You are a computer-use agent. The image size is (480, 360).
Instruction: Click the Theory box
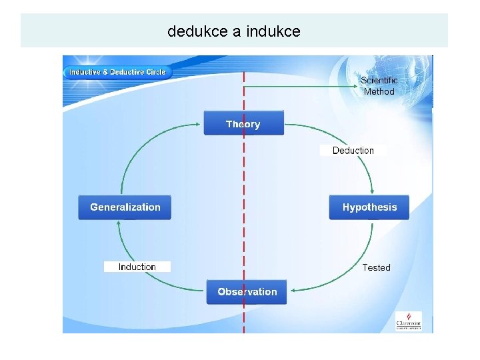pyautogui.click(x=243, y=124)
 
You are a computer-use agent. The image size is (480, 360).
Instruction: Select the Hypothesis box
pyautogui.click(x=369, y=207)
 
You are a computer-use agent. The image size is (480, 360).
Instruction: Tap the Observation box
pyautogui.click(x=247, y=292)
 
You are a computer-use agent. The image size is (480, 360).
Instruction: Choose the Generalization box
pyautogui.click(x=125, y=207)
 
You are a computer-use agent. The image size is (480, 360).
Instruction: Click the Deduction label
pyautogui.click(x=353, y=151)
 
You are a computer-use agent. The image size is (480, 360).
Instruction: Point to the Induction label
pyautogui.click(x=137, y=267)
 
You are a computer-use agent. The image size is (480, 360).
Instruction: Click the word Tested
pyautogui.click(x=376, y=267)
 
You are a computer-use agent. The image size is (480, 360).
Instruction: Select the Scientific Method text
pyautogui.click(x=379, y=86)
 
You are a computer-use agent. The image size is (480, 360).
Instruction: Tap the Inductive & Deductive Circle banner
pyautogui.click(x=118, y=72)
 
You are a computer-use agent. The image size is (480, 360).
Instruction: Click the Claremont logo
pyautogui.click(x=408, y=320)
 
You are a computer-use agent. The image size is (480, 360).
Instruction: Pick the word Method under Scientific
pyautogui.click(x=379, y=92)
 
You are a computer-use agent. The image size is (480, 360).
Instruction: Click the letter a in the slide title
pyautogui.click(x=236, y=31)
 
